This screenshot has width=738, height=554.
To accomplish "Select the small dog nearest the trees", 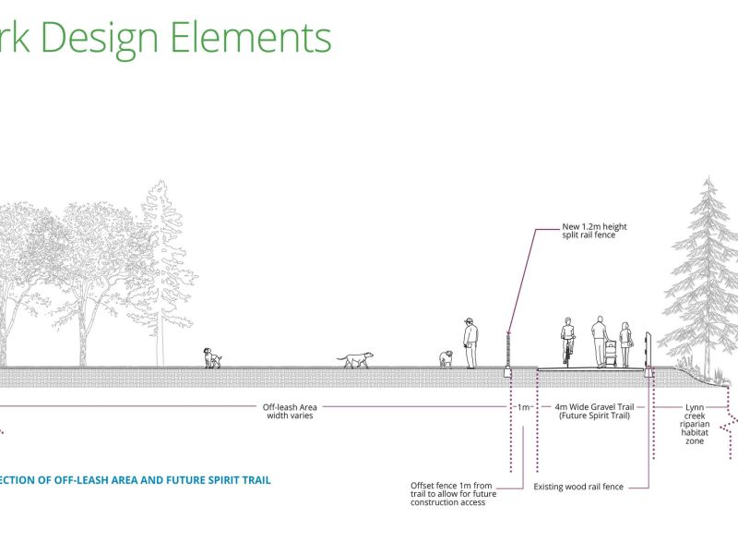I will pos(212,358).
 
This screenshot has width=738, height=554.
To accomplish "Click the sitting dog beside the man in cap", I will pos(446,358).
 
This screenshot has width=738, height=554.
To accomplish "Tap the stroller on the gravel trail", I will pos(610,354).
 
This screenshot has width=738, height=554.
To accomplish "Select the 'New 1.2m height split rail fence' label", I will pos(589,230).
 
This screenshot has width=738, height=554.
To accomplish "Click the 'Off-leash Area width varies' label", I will pos(288,411).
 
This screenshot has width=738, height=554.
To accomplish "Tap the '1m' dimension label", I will pos(523,406).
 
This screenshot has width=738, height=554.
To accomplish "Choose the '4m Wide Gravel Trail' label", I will pos(594,411).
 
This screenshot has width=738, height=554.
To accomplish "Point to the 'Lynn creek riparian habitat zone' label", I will pos(695,423).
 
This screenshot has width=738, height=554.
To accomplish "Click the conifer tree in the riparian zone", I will pos(706,277).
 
